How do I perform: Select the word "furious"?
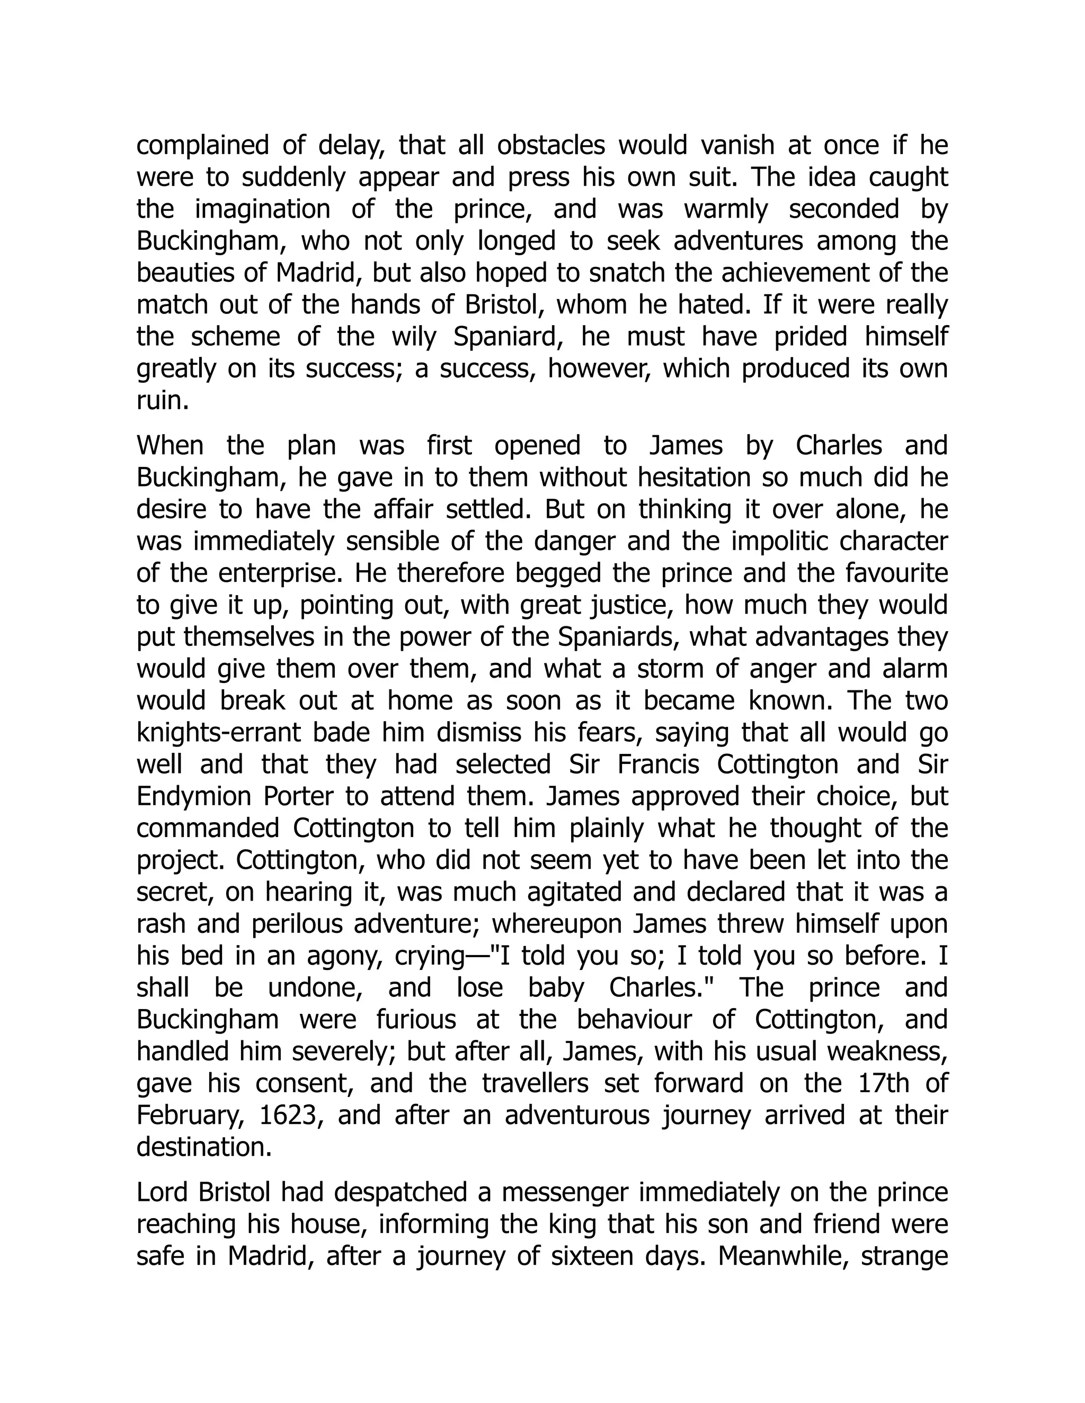click(420, 1020)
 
